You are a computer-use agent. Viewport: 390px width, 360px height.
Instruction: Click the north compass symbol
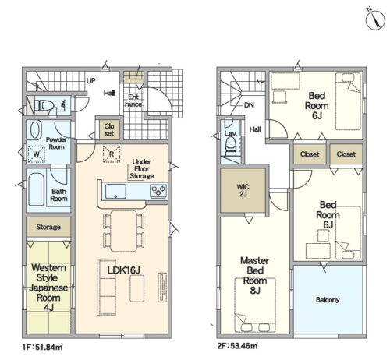pos(375,20)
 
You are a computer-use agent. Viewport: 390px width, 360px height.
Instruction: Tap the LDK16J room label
pos(124,270)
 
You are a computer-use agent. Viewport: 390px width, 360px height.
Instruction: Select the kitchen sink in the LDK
pos(115,192)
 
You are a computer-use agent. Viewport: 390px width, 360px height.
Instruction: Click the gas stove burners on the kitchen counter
pos(158,191)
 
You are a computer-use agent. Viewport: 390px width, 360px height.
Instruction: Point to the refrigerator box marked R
pos(112,154)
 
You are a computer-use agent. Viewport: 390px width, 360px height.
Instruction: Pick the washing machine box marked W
pos(37,154)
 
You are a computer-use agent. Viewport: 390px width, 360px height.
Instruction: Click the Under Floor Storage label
pos(142,169)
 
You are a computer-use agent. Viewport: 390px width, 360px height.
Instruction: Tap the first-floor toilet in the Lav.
pos(44,106)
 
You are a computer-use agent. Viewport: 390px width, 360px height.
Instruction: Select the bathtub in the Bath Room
pos(36,189)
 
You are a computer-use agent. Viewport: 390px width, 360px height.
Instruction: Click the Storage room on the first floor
pos(48,227)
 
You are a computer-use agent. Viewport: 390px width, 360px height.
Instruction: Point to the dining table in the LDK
pos(123,231)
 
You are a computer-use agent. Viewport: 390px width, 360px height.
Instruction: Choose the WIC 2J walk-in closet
pos(243,190)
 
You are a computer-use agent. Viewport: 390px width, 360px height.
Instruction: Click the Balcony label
pos(328,300)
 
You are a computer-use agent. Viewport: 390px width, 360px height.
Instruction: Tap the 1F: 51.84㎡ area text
pos(42,347)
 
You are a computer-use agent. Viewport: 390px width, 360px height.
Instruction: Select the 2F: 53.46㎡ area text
pos(237,346)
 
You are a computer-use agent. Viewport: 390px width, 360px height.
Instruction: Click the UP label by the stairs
pos(90,81)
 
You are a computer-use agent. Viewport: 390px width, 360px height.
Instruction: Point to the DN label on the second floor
pos(249,105)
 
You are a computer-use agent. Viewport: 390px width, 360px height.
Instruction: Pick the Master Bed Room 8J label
pos(255,275)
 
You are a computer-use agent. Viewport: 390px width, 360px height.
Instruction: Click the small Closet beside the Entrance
pos(109,129)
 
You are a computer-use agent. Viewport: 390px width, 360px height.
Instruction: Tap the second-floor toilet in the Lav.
pos(231,146)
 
